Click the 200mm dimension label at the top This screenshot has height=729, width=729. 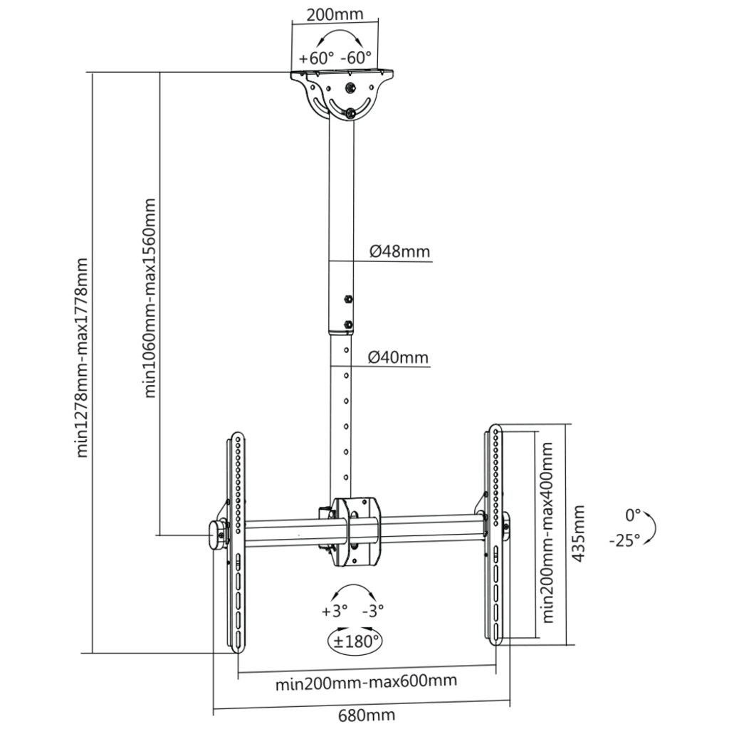tap(334, 14)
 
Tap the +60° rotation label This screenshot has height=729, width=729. tap(315, 58)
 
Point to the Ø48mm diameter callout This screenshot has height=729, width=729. tap(400, 251)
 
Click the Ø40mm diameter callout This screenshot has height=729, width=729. tap(399, 357)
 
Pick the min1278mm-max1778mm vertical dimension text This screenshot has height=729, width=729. tap(83, 356)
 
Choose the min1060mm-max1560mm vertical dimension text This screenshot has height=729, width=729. tap(150, 298)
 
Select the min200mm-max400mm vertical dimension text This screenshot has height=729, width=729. tap(547, 533)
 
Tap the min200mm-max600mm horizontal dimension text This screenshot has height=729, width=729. tap(366, 683)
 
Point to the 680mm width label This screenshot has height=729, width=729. tap(367, 715)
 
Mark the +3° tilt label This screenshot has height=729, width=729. tap(335, 611)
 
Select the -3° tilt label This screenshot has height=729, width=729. tap(373, 611)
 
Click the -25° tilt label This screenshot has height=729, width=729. tap(624, 540)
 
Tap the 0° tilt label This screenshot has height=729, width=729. tap(634, 514)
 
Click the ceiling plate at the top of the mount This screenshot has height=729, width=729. tap(342, 74)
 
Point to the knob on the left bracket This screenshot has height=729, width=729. tap(215, 535)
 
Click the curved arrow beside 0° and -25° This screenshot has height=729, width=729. tap(651, 528)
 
